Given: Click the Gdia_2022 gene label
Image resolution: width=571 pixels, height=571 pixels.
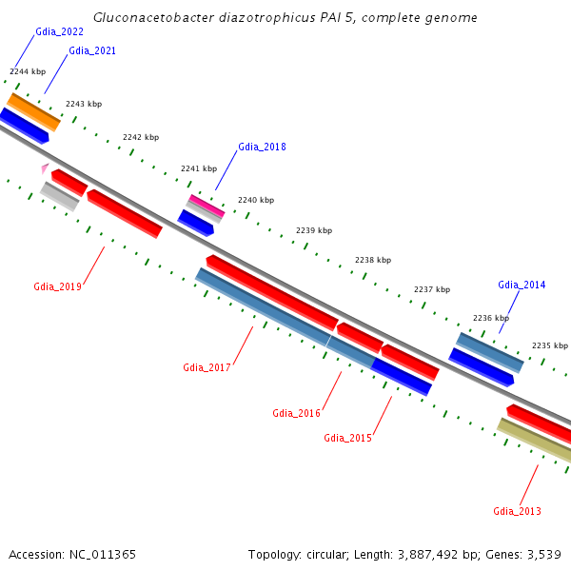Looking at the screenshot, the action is pyautogui.click(x=59, y=31).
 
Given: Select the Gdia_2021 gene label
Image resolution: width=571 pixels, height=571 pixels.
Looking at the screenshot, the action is pyautogui.click(x=92, y=50).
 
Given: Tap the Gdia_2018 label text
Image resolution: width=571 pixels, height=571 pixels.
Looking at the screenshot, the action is pyautogui.click(x=262, y=147).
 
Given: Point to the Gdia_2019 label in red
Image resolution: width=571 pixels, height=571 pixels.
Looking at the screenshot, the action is pyautogui.click(x=57, y=286).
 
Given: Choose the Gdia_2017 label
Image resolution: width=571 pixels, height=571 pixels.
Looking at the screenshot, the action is pyautogui.click(x=207, y=367).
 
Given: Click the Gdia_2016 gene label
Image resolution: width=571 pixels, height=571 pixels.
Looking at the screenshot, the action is pyautogui.click(x=296, y=413).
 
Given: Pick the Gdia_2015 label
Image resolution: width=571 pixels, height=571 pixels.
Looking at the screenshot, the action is pyautogui.click(x=347, y=438).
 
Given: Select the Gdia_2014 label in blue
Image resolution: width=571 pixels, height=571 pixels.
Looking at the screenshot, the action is pyautogui.click(x=522, y=285).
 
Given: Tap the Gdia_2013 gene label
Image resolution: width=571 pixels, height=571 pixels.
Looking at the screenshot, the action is pyautogui.click(x=517, y=511).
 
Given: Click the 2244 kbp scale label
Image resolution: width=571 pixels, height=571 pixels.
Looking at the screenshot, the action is pyautogui.click(x=28, y=71).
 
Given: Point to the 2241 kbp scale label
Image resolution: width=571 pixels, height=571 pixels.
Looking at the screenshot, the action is pyautogui.click(x=199, y=168).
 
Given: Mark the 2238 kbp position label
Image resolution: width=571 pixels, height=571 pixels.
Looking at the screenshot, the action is pyautogui.click(x=373, y=260).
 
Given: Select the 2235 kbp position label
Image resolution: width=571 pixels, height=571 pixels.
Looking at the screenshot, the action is pyautogui.click(x=549, y=345).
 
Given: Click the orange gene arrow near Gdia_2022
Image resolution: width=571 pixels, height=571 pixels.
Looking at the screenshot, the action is pyautogui.click(x=33, y=111).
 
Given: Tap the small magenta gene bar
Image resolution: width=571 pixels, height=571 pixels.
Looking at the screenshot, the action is pyautogui.click(x=207, y=204).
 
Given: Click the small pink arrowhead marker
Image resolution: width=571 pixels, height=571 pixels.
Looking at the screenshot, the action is pyautogui.click(x=44, y=168).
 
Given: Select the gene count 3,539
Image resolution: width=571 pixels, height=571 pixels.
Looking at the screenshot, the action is pyautogui.click(x=543, y=554).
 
